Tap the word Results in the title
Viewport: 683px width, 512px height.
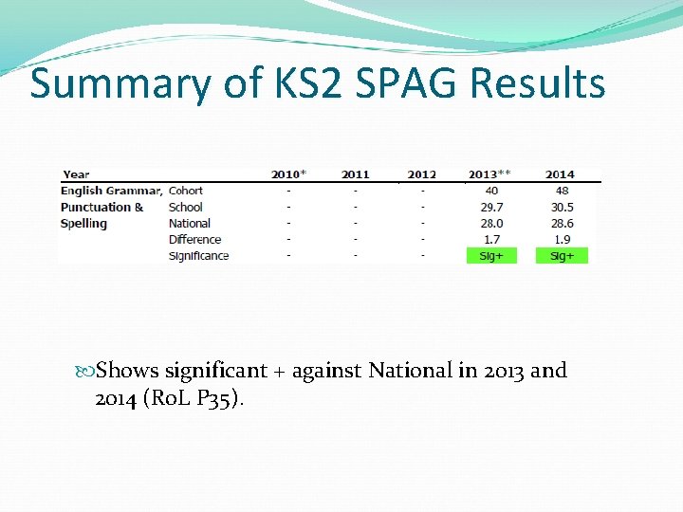point(537,83)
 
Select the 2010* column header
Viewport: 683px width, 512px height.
point(288,174)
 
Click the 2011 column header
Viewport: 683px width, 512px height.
point(356,174)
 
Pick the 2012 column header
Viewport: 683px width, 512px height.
point(422,174)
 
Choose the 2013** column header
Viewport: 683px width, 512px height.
point(490,174)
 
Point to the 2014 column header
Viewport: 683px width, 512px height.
point(560,174)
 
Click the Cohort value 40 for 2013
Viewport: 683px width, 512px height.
point(491,191)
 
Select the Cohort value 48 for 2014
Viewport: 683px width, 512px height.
point(561,191)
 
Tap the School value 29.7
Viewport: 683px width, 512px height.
point(491,207)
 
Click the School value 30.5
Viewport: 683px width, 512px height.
point(561,207)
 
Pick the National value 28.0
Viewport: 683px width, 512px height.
point(491,223)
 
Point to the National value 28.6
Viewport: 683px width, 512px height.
point(561,223)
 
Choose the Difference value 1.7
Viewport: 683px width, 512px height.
point(491,239)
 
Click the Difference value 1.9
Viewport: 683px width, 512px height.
point(561,239)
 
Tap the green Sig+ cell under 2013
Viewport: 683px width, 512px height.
point(491,255)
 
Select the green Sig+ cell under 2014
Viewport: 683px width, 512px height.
point(562,255)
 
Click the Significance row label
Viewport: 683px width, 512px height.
point(198,255)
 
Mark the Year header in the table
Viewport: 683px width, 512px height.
point(76,174)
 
